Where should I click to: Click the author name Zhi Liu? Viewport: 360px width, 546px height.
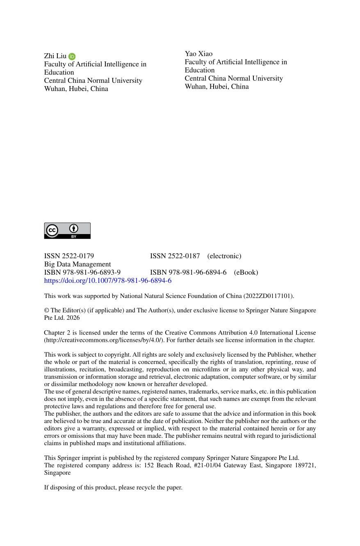coord(55,56)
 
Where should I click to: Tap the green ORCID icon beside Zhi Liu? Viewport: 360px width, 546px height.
coord(72,57)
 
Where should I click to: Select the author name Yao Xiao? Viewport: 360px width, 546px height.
coord(198,54)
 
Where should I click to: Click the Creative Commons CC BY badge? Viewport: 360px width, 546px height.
coord(67,231)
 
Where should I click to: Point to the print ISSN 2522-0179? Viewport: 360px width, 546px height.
coord(69,256)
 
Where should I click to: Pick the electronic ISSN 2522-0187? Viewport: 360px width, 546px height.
coord(175,256)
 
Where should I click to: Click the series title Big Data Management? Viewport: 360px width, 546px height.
coord(77,264)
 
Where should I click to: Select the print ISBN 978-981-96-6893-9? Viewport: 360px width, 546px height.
coord(82,273)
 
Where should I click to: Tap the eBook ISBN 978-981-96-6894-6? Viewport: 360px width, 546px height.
coord(188,273)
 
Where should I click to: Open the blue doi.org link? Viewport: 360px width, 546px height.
coord(108,281)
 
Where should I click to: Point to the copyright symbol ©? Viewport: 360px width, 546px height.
coord(47,310)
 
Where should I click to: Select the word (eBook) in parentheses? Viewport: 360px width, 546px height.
coord(246,273)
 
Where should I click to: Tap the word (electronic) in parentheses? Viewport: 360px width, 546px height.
coord(224,256)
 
